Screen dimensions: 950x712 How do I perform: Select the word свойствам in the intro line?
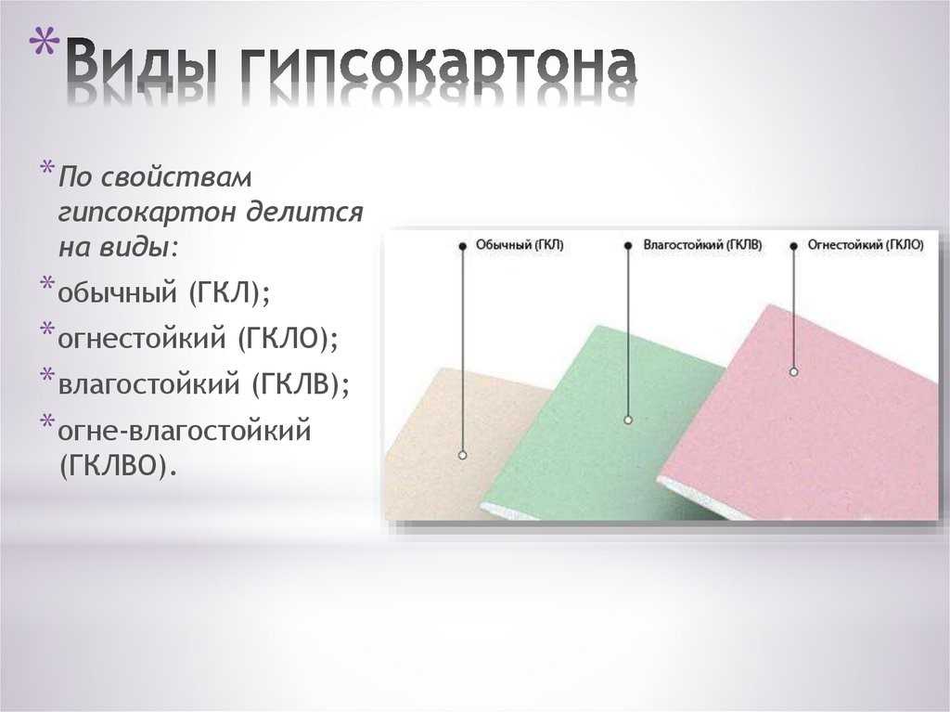175,177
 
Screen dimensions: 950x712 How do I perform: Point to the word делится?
305,213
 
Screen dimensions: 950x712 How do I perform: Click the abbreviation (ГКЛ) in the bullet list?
228,293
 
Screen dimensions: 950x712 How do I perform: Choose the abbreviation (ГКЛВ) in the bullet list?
300,384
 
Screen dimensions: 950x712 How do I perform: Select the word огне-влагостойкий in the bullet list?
185,431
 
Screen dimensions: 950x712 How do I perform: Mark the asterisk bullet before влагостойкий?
47,374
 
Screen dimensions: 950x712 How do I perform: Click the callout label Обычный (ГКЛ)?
520,245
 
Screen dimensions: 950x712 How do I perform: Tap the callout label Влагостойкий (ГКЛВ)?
703,245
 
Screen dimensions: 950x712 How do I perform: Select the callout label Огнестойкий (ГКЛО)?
866,245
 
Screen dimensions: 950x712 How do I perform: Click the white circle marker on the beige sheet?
463,455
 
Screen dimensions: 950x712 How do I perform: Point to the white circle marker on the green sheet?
628,420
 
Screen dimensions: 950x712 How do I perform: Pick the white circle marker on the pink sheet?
794,371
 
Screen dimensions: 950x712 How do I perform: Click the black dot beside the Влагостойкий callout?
628,246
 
